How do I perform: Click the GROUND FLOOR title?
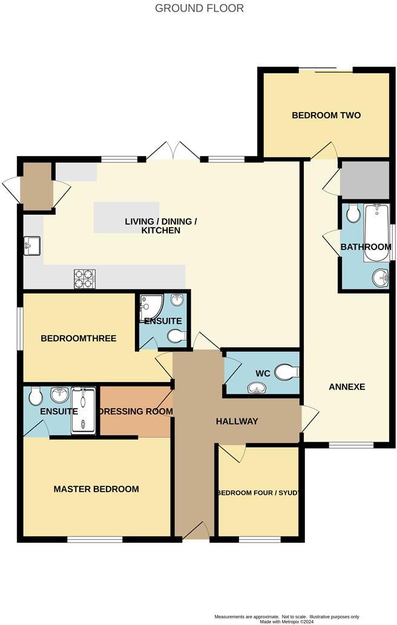tap(199, 8)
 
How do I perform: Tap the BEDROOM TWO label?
tap(326, 115)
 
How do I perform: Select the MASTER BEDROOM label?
tap(96, 489)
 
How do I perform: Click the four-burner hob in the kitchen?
tap(85, 279)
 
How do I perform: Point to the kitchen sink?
tap(32, 245)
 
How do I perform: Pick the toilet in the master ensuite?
tap(36, 395)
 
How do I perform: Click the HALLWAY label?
tap(237, 422)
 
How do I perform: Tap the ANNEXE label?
tap(347, 386)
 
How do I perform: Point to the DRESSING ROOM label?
tap(136, 411)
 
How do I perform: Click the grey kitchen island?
tap(126, 217)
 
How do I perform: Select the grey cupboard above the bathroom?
tap(365, 180)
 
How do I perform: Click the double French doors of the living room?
tap(173, 151)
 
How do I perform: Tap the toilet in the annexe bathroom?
tap(353, 213)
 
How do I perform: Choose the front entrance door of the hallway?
tap(195, 531)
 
